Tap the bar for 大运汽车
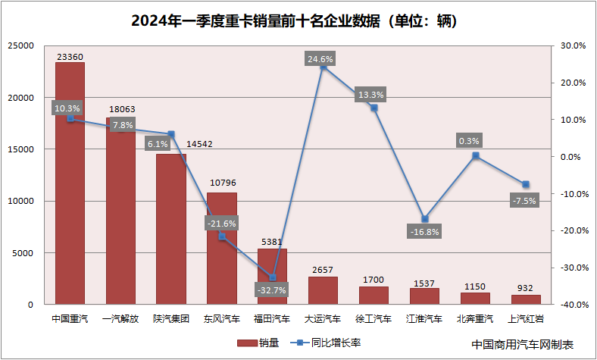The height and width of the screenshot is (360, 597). point(323,290)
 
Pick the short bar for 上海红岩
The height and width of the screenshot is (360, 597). point(526,299)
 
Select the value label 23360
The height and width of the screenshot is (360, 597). point(70,56)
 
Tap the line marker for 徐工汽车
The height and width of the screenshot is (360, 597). point(374,108)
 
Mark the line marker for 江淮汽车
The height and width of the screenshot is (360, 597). point(425,219)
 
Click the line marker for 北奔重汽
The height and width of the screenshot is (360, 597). point(476,155)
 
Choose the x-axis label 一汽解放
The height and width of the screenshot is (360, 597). point(120,319)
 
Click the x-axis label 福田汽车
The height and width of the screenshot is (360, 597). point(272,319)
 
